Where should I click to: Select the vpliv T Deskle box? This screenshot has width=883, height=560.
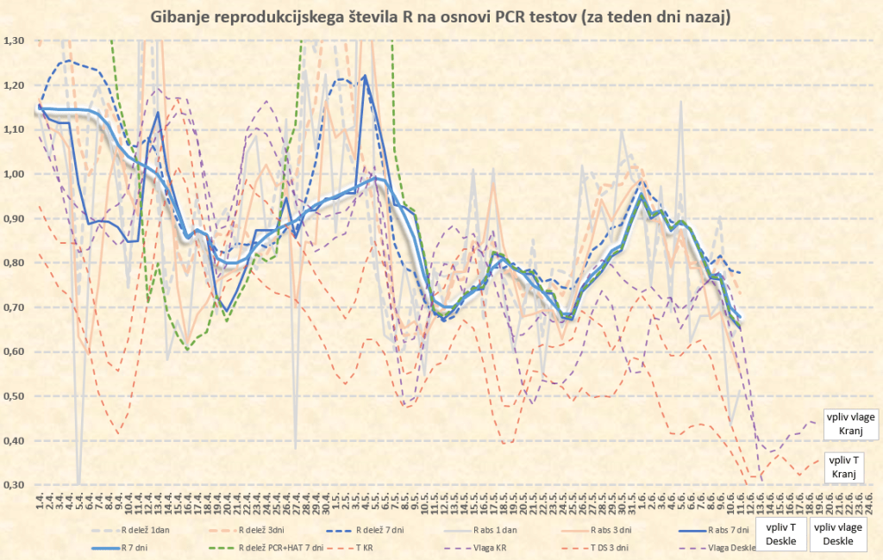[x=781, y=534]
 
